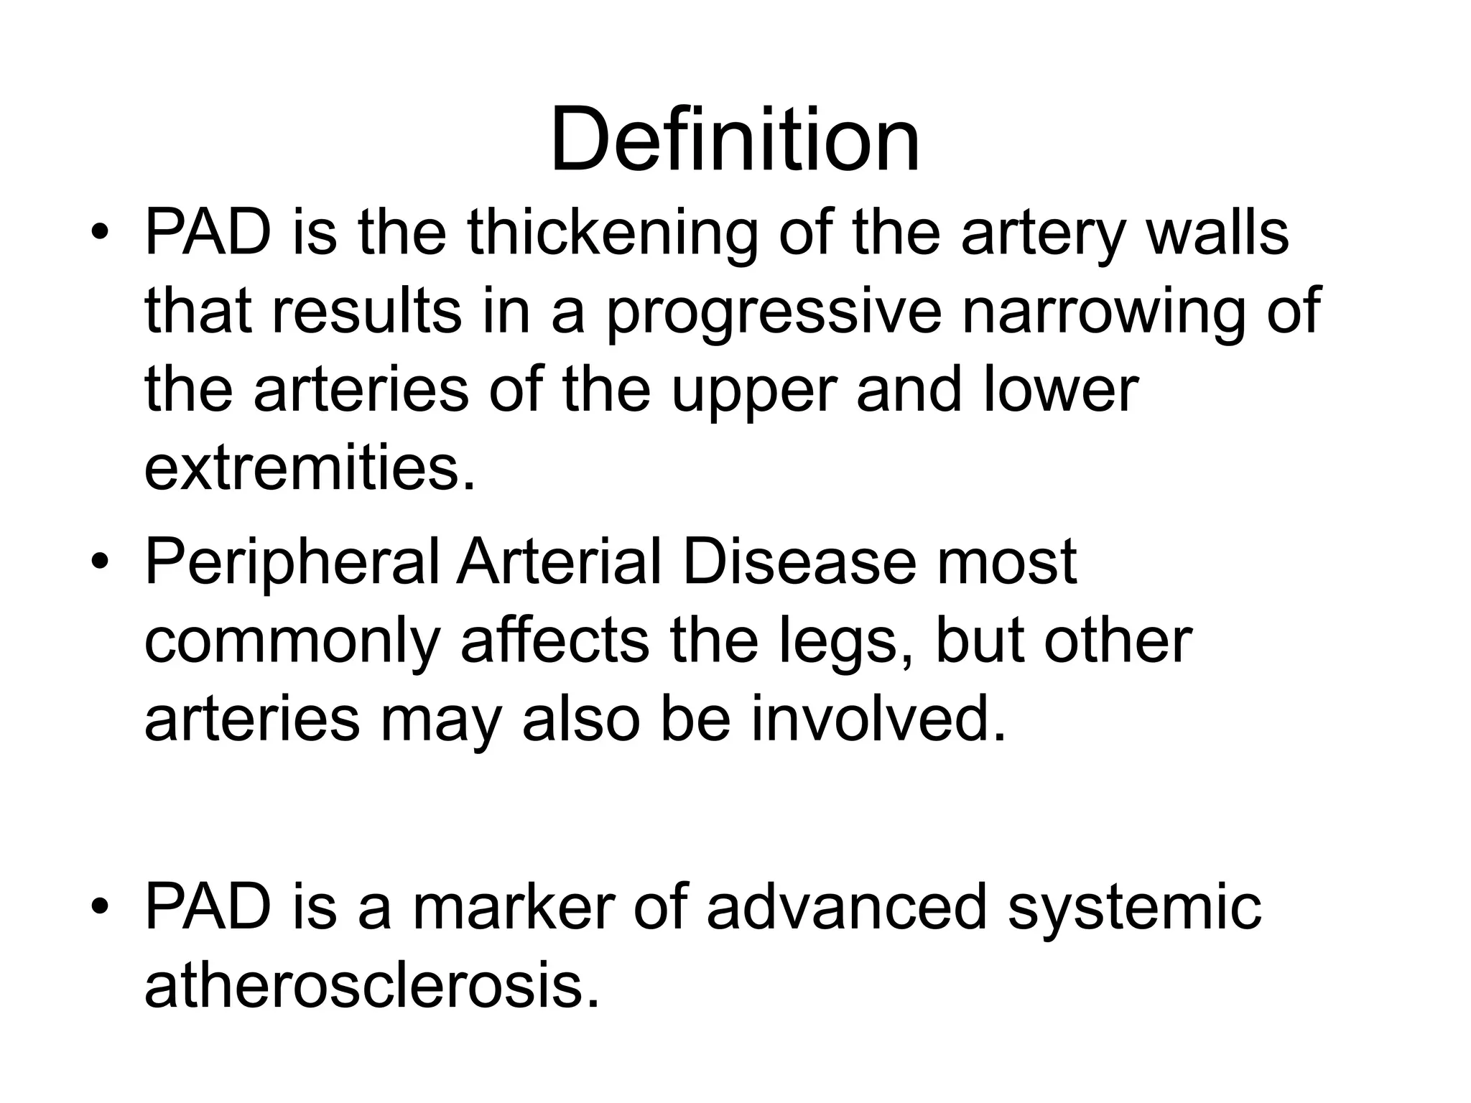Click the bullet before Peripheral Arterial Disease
[100, 564]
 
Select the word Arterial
[560, 562]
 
